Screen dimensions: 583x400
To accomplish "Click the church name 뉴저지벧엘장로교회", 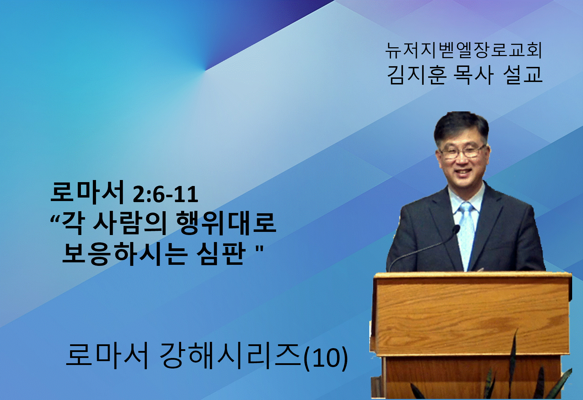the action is click(464, 50).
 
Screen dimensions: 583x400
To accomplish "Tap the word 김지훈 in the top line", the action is click(417, 75).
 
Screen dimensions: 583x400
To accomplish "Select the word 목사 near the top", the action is click(473, 75).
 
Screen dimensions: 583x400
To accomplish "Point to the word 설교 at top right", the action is click(523, 75).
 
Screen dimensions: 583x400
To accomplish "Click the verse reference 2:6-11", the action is click(165, 195).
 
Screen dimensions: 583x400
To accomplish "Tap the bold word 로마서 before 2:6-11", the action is click(87, 193).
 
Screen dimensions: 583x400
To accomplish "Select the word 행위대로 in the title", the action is click(226, 224).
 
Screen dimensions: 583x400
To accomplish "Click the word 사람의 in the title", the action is click(129, 224).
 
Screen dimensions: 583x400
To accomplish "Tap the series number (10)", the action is click(325, 358).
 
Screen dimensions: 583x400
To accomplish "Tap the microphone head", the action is click(456, 229).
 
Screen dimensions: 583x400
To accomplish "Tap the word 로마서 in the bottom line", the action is click(107, 356).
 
